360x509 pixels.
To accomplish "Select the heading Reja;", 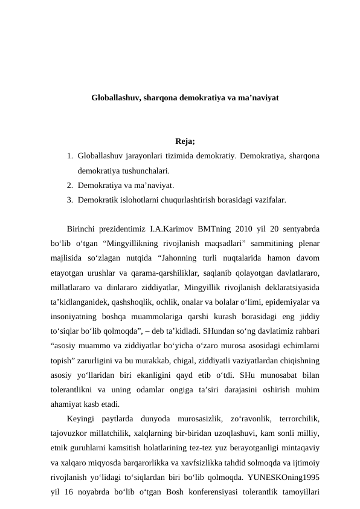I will coord(185,142).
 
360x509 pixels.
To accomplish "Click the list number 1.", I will coord(70,157).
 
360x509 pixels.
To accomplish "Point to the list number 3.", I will coord(70,198).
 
